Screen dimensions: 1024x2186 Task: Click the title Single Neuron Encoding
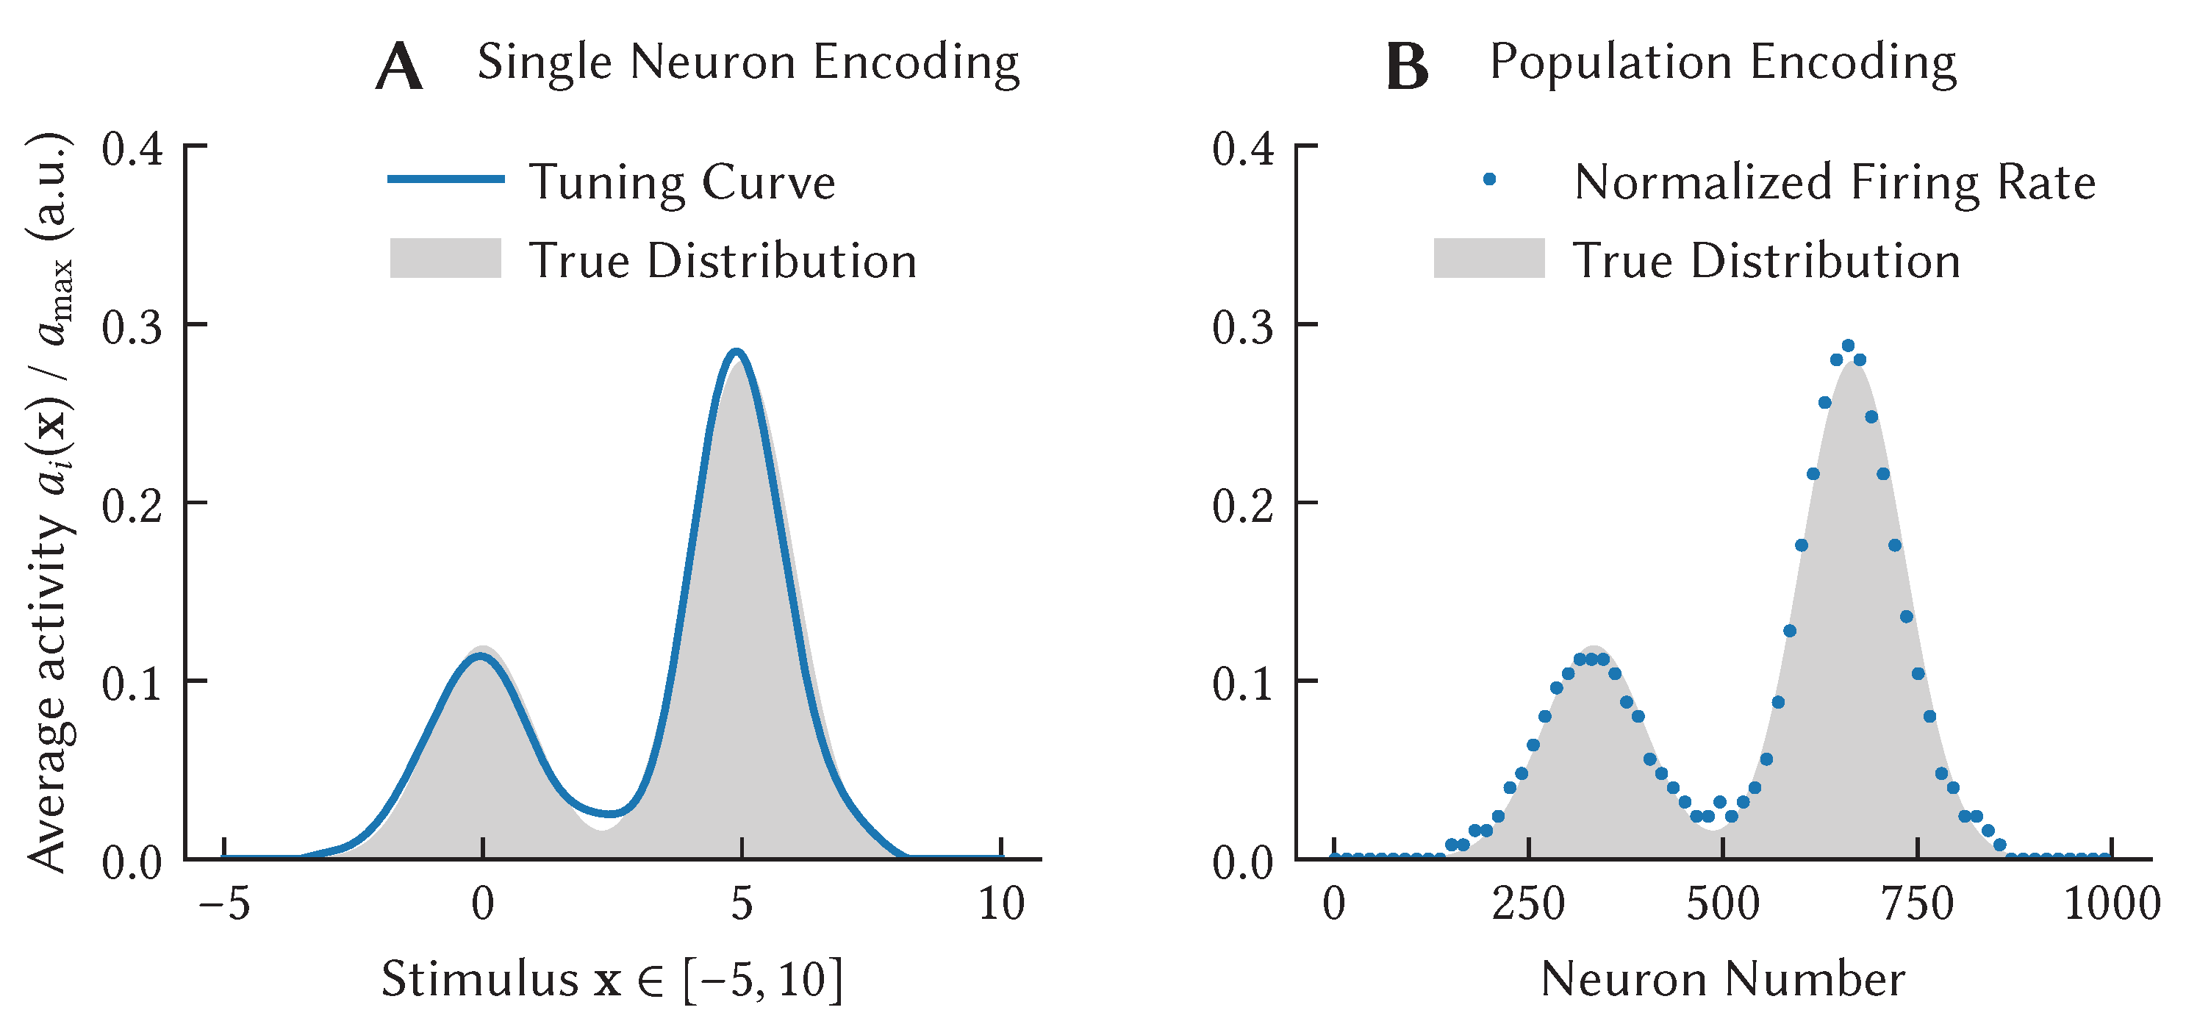pos(748,62)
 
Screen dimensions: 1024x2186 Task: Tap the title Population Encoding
pos(1723,62)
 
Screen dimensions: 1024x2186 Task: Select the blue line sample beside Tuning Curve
pos(445,179)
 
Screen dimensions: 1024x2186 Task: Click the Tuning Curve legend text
pos(682,182)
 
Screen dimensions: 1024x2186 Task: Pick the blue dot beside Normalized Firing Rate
pos(1488,179)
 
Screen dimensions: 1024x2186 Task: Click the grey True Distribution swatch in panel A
pos(445,258)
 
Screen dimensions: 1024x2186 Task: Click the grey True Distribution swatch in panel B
pos(1488,258)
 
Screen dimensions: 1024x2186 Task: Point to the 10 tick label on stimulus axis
pos(1001,903)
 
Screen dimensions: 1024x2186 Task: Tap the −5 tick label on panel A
pos(224,903)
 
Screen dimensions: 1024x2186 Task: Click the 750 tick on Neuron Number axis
pos(1917,903)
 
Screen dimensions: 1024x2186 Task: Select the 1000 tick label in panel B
pos(2111,903)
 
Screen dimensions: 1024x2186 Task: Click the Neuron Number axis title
pos(1723,979)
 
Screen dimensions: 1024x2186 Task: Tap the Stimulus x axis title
pos(612,979)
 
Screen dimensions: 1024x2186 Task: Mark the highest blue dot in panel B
pos(1847,345)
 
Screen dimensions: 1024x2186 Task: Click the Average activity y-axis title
pos(49,502)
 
